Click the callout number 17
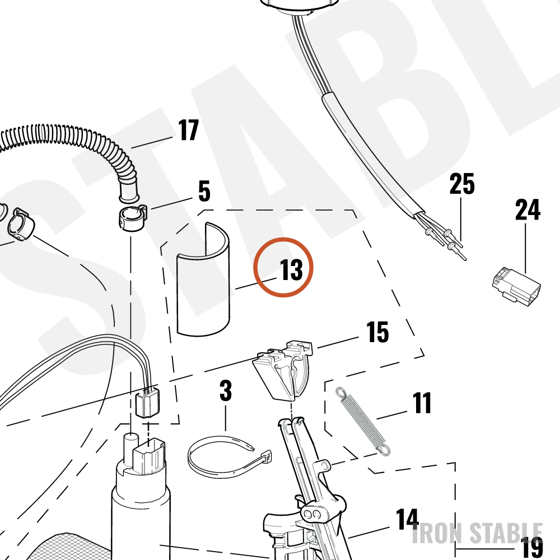(188, 130)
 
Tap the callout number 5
(204, 191)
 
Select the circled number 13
(291, 269)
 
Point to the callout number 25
(462, 184)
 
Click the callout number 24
(528, 209)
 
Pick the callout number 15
(377, 332)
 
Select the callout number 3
(226, 390)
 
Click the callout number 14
(407, 519)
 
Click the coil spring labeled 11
(363, 422)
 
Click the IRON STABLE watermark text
(478, 533)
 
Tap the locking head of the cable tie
(267, 457)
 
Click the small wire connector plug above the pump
(148, 405)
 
